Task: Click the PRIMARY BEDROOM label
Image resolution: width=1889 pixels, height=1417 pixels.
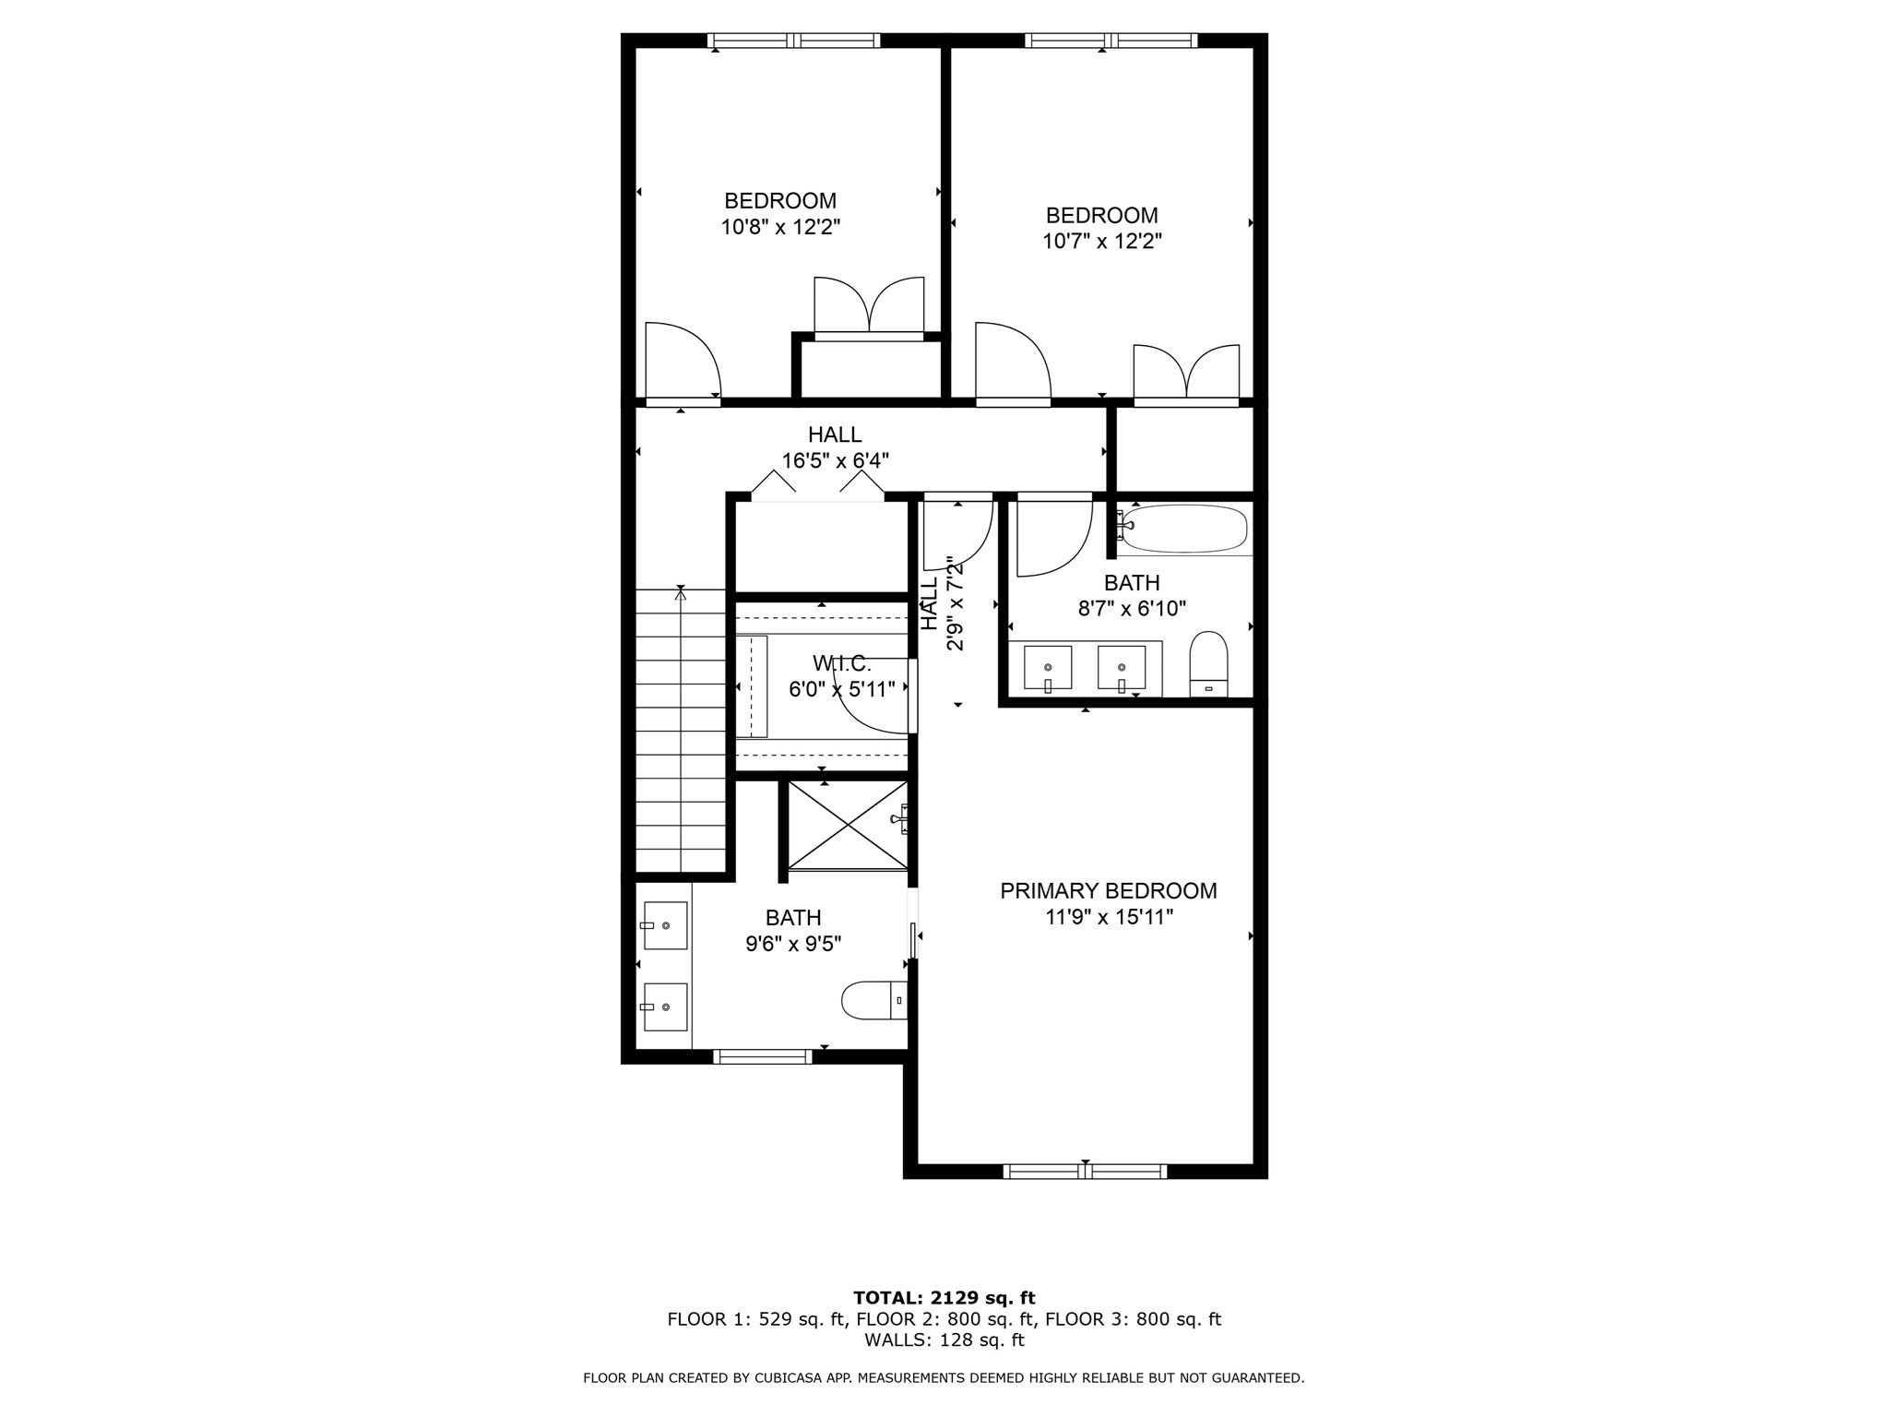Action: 1108,890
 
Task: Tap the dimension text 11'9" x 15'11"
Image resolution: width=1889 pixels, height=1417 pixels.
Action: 1108,917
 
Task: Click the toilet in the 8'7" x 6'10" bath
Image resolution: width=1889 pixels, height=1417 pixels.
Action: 1208,663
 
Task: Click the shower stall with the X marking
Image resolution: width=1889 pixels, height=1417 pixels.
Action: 847,825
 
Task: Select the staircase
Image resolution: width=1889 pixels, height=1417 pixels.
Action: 682,731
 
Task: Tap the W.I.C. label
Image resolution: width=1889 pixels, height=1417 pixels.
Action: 841,663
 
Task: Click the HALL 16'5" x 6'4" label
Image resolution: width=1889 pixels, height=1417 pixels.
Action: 835,447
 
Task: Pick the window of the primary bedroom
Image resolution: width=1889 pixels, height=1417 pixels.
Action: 1085,1171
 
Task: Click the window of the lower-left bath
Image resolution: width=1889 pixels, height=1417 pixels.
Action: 763,1056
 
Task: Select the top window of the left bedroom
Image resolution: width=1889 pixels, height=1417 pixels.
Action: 793,41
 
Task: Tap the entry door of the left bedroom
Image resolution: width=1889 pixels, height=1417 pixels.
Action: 682,364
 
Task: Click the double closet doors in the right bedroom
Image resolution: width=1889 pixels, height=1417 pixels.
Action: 1186,375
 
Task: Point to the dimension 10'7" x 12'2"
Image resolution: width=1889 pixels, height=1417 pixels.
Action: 1101,242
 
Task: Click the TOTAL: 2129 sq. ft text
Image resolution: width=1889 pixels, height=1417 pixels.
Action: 944,1298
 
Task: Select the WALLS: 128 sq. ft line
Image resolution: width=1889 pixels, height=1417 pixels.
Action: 944,1340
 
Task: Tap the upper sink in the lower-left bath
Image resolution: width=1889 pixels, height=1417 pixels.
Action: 665,925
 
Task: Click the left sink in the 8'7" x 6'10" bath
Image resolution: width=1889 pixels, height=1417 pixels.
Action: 1048,668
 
